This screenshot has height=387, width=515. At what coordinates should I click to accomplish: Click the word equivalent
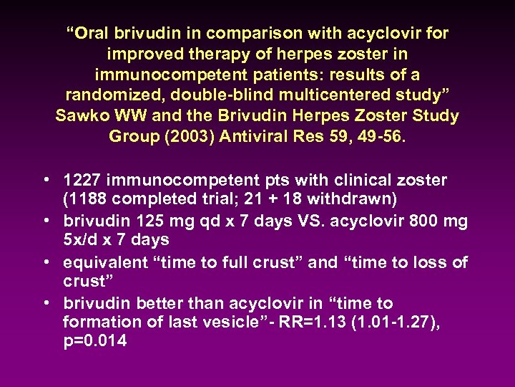click(x=106, y=262)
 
